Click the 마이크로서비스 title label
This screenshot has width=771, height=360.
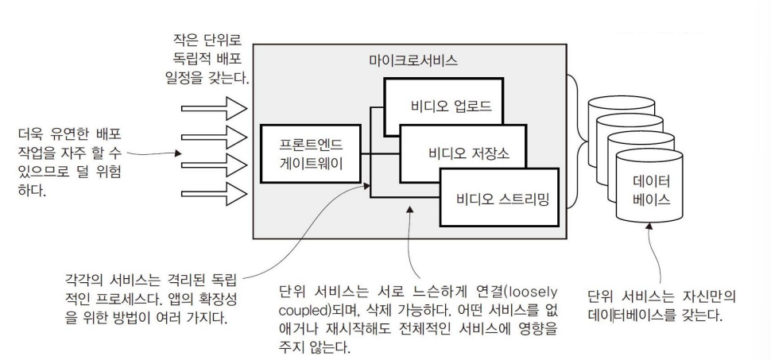(x=413, y=60)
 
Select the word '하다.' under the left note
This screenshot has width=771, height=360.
(x=34, y=189)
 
